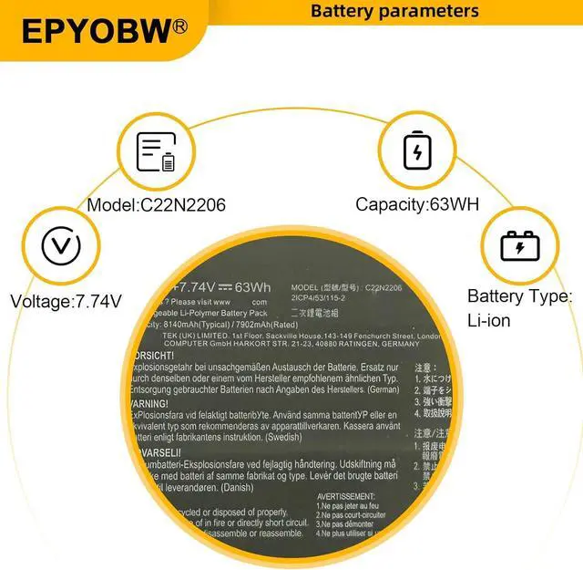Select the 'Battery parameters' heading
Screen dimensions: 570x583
[x=394, y=11]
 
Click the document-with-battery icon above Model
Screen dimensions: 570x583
[x=155, y=152]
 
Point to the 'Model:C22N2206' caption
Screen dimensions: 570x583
[x=156, y=204]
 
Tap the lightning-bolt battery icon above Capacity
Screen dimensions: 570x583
[x=417, y=151]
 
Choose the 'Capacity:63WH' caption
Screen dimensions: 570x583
[x=417, y=204]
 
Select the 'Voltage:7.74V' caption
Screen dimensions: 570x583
[x=65, y=300]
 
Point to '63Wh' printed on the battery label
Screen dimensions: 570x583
[x=252, y=287]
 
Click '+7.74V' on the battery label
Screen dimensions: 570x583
[x=193, y=287]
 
